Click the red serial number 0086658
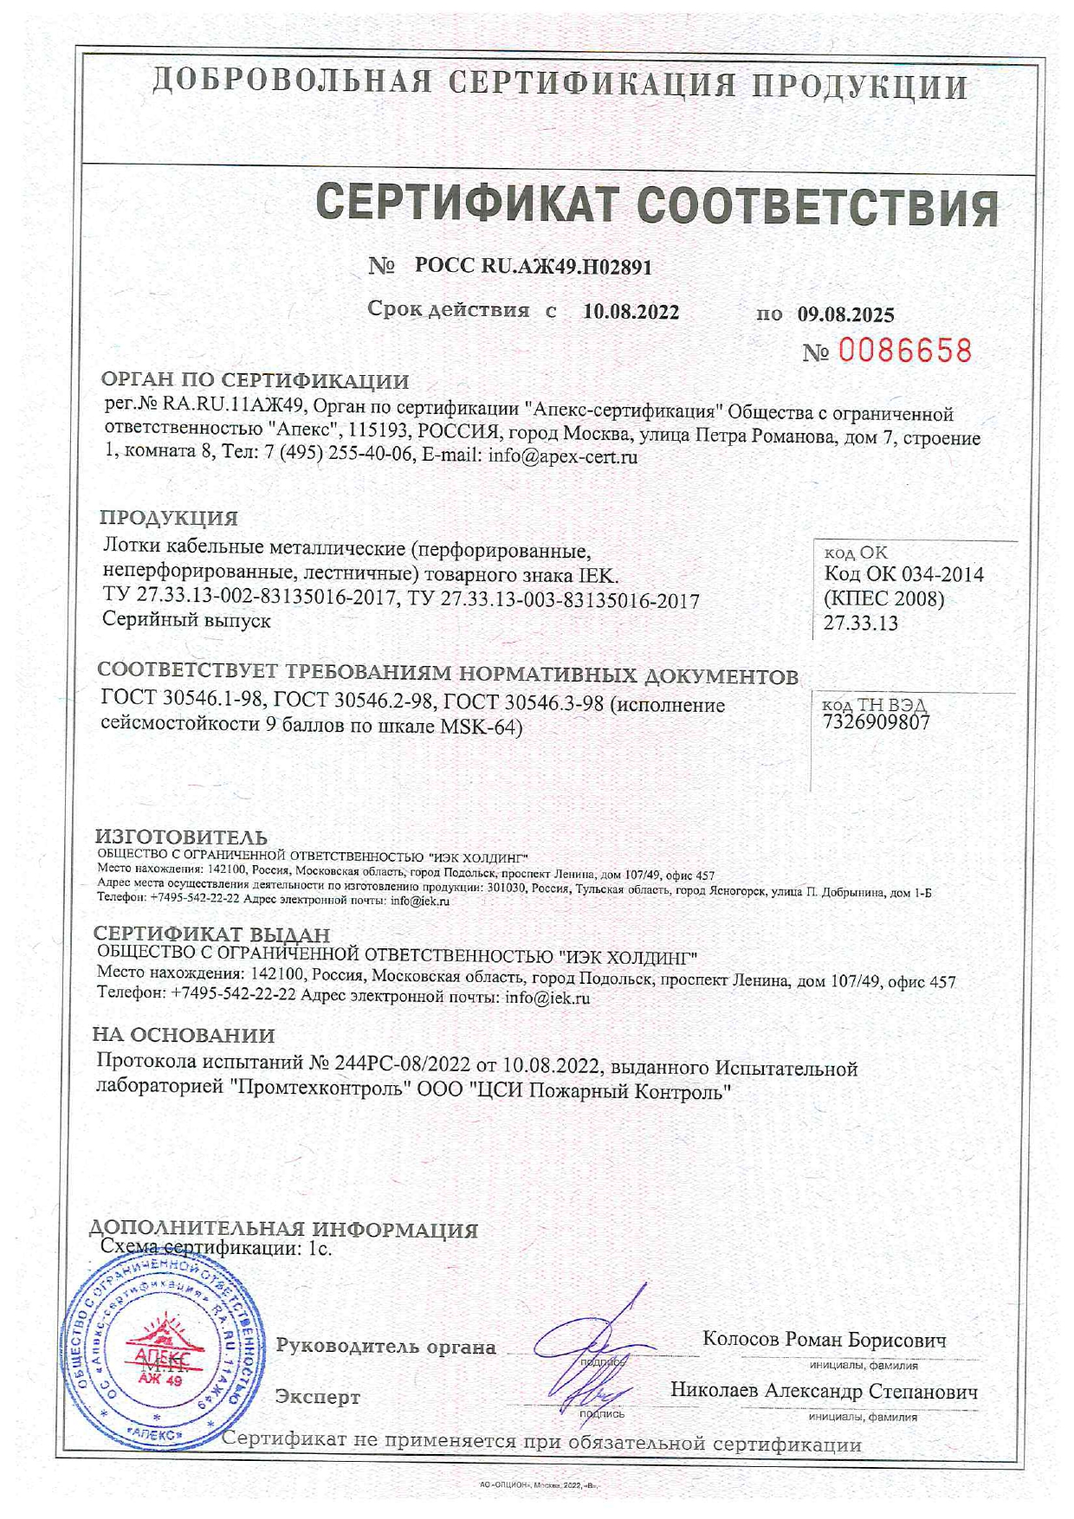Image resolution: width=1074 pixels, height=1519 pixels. click(x=904, y=351)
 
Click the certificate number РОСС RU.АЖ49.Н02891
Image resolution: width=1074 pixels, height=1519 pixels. click(x=533, y=266)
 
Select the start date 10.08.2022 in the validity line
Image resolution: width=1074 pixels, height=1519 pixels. click(x=631, y=312)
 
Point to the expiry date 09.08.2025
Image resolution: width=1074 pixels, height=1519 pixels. click(x=845, y=313)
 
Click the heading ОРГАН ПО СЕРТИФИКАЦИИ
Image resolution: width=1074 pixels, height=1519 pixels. click(x=255, y=380)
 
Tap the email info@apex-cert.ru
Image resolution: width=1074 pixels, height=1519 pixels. click(x=563, y=456)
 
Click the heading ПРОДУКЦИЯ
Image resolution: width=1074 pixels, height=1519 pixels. click(x=168, y=518)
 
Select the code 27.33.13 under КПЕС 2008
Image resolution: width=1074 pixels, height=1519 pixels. click(x=860, y=623)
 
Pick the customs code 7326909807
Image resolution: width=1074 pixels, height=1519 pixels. click(x=876, y=722)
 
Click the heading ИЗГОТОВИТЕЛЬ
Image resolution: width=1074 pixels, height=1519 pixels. click(x=181, y=837)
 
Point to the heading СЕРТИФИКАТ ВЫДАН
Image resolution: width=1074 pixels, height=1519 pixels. click(x=211, y=934)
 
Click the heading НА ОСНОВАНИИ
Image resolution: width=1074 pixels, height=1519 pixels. click(x=184, y=1035)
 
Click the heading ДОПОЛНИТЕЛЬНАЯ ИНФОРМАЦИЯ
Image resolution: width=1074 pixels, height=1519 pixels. click(x=283, y=1230)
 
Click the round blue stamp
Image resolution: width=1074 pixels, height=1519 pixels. click(x=165, y=1362)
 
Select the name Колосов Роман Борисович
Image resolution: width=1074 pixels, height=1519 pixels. click(x=824, y=1339)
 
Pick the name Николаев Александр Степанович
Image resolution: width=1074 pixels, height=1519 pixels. click(x=824, y=1391)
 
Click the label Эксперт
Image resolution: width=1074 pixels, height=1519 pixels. click(x=317, y=1397)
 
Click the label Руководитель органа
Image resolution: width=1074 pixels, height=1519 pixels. click(x=385, y=1347)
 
